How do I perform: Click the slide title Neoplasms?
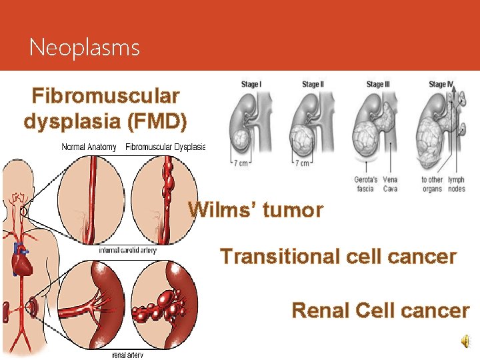(85, 48)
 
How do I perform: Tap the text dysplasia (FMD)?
(105, 122)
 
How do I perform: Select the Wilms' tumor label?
(255, 211)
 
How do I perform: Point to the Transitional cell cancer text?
(338, 257)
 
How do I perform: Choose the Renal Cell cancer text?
(381, 310)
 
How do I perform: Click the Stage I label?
(251, 85)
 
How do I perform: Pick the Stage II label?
(312, 85)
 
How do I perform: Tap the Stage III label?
(377, 85)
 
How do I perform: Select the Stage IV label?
(441, 85)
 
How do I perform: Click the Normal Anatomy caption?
(89, 147)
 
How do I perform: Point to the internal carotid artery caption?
(127, 251)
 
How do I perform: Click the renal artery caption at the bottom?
(127, 355)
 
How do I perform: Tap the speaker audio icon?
(464, 341)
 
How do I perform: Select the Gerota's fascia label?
(366, 185)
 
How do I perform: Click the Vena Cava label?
(390, 185)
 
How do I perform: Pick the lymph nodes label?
(457, 185)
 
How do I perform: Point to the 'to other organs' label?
(432, 185)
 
